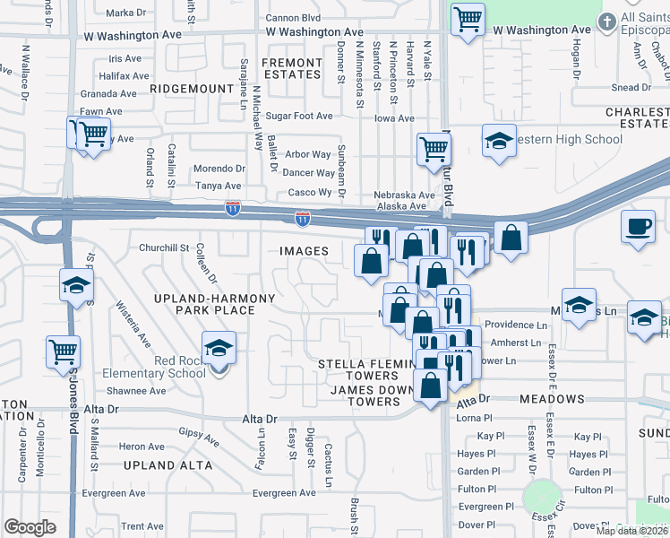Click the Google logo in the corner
point(30,527)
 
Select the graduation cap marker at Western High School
point(499,141)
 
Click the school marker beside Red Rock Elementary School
point(218,348)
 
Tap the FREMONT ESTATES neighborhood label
point(291,69)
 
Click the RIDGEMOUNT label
point(191,89)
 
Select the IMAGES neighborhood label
point(304,252)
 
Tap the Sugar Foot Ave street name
point(299,117)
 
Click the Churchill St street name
point(163,247)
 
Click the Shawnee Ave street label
point(136,391)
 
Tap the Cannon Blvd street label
point(294,17)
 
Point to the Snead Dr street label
point(631,88)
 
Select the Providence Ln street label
point(517,325)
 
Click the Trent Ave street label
point(142,526)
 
